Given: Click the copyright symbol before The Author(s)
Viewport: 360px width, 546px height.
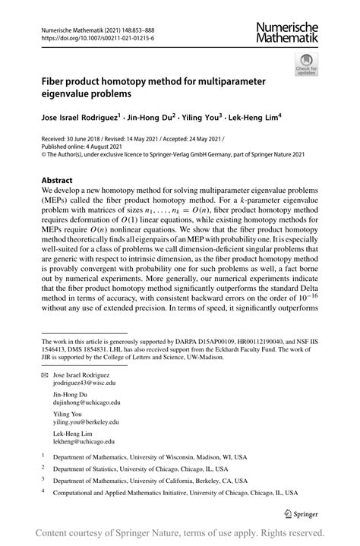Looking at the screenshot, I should point(46,156).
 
